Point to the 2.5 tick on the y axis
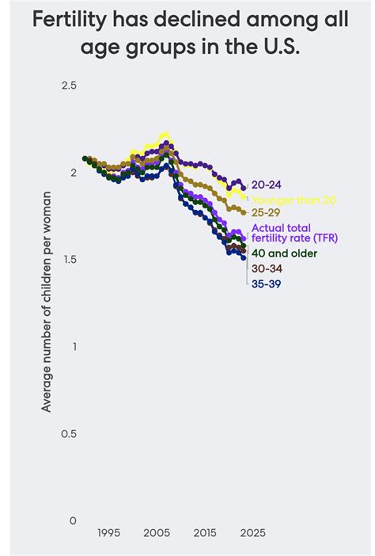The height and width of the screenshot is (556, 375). pyautogui.click(x=68, y=85)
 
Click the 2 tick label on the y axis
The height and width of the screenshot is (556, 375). pyautogui.click(x=73, y=172)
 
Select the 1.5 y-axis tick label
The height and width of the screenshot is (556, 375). pyautogui.click(x=68, y=259)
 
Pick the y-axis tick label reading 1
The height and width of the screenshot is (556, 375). pyautogui.click(x=73, y=346)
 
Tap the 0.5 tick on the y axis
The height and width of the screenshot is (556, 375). pyautogui.click(x=68, y=433)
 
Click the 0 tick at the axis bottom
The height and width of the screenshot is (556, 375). pyautogui.click(x=73, y=520)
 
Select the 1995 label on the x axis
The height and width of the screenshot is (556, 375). pyautogui.click(x=109, y=533)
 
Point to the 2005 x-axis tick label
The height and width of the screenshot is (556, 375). pyautogui.click(x=157, y=533)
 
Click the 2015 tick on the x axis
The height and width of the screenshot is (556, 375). pyautogui.click(x=205, y=533)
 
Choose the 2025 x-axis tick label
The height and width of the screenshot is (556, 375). pyautogui.click(x=252, y=533)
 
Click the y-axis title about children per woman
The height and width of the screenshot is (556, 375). pyautogui.click(x=47, y=302)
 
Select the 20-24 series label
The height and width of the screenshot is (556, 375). pyautogui.click(x=267, y=185)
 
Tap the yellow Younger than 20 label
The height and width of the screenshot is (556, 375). pyautogui.click(x=294, y=200)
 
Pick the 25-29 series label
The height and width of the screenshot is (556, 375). pyautogui.click(x=267, y=212)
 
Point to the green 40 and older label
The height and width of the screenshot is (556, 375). pyautogui.click(x=284, y=253)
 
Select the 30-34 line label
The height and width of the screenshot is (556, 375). pyautogui.click(x=267, y=268)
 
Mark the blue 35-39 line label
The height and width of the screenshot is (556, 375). pyautogui.click(x=267, y=284)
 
